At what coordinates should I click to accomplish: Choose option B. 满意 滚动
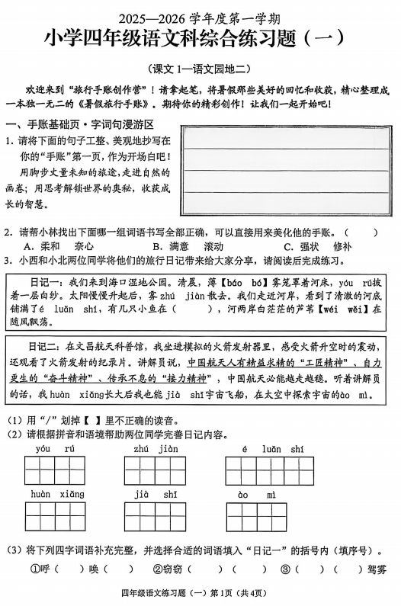tap(187, 246)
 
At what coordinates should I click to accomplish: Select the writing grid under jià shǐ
tap(155, 517)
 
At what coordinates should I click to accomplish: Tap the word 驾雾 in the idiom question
tap(376, 569)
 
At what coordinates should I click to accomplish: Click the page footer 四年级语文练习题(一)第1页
tap(200, 593)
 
